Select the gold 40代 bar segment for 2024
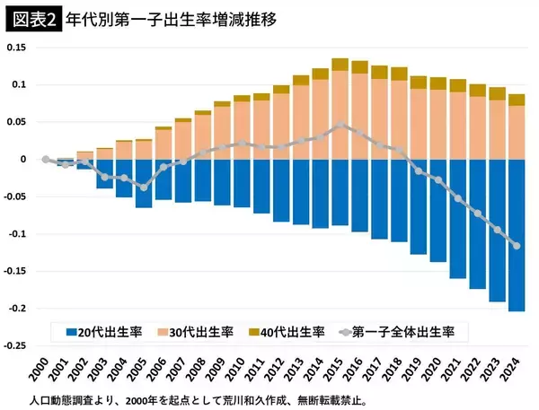pyautogui.click(x=517, y=100)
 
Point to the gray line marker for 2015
pyautogui.click(x=340, y=125)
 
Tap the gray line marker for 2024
pyautogui.click(x=517, y=246)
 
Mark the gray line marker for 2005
pyautogui.click(x=144, y=187)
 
